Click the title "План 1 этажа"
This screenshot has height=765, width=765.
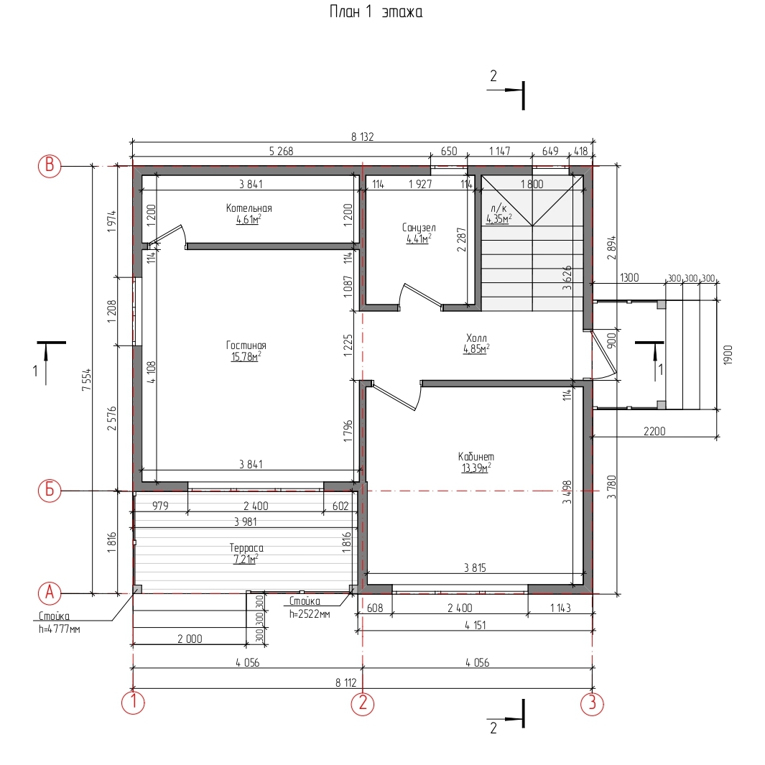pos(376,11)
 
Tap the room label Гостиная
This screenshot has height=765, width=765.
pos(246,346)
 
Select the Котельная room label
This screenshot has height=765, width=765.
pos(249,208)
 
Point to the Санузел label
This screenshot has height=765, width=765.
pos(419,228)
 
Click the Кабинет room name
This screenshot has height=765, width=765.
pos(476,457)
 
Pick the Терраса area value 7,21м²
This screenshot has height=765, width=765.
pos(246,559)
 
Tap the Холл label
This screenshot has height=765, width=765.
pos(476,338)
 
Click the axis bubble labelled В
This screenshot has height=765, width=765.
pos(50,166)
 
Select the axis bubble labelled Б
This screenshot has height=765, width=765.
pos(50,490)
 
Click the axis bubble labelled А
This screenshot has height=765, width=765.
pos(50,593)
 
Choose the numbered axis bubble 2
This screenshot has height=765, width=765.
pos(363,703)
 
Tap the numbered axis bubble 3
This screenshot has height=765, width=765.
pos(592,703)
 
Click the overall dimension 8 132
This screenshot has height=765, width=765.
pos(363,137)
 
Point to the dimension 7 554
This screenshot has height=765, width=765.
pos(86,379)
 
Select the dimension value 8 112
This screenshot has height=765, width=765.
pos(346,682)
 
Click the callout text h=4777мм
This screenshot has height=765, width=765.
pos(60,629)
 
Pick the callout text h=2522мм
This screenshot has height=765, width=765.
pos(310,613)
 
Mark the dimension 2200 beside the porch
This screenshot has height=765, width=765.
pos(654,431)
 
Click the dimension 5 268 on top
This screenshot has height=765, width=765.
pos(282,152)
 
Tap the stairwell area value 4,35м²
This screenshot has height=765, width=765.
pos(499,219)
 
